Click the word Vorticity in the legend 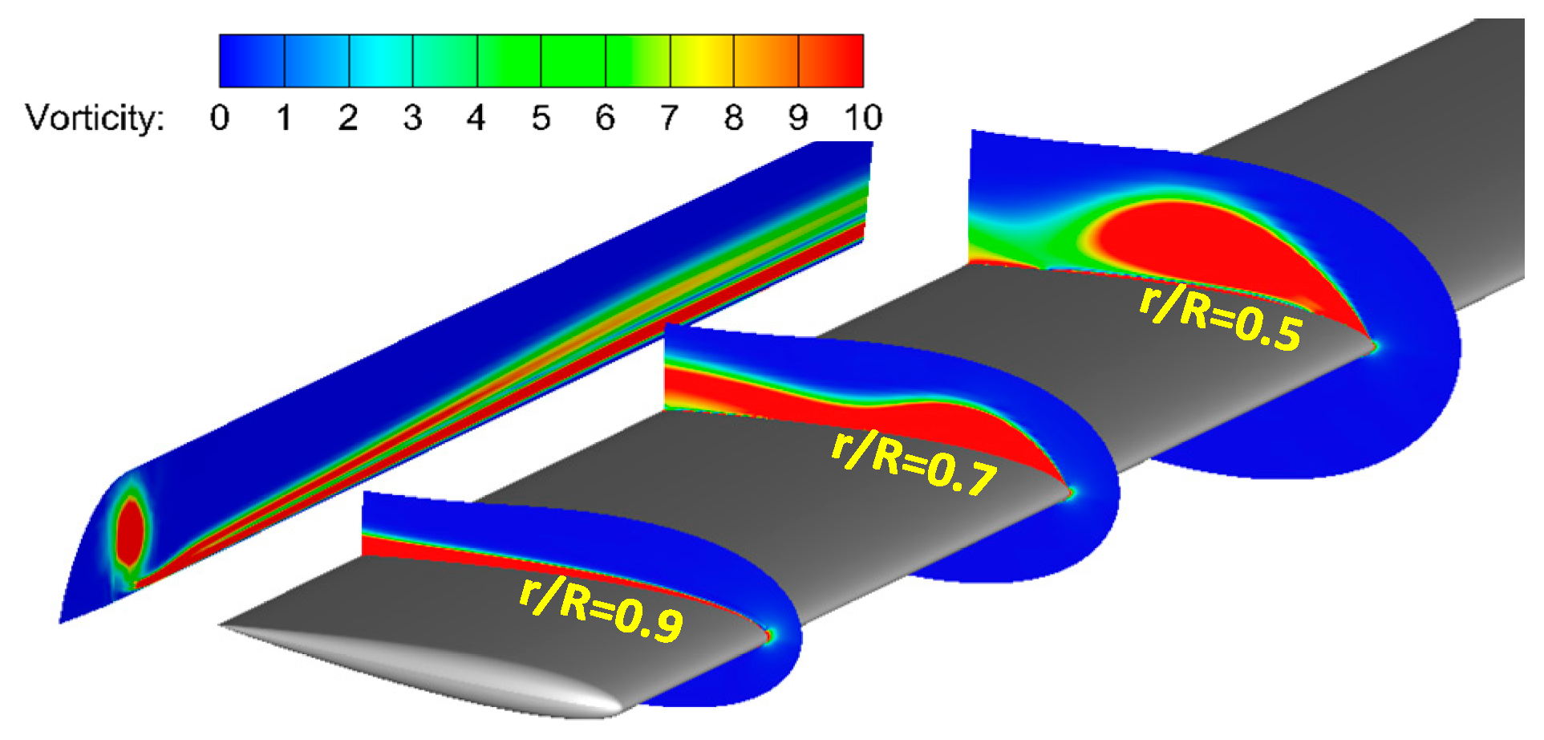coord(95,118)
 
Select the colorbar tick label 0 coord(220,118)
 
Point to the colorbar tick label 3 coord(412,118)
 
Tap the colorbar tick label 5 coord(541,118)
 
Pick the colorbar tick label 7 coord(670,118)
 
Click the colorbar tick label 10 coord(863,118)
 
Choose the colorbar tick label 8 coord(734,118)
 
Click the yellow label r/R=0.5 coord(1220,318)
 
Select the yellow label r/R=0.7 coord(914,462)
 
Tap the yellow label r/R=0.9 coord(602,608)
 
